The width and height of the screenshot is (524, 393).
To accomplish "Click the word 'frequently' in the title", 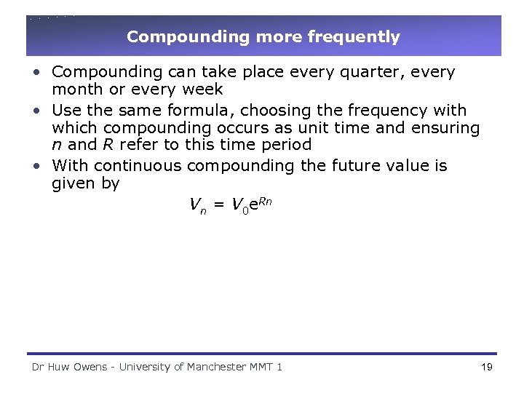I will tap(357, 36).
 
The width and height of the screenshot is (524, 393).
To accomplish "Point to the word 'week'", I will tap(202, 90).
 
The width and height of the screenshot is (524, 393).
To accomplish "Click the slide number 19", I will tap(487, 367).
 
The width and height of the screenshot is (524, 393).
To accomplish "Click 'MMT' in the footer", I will tap(261, 367).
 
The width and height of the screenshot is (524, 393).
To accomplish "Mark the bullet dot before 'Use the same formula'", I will tap(36, 111).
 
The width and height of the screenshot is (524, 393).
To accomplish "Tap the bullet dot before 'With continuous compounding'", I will tap(36, 167).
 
